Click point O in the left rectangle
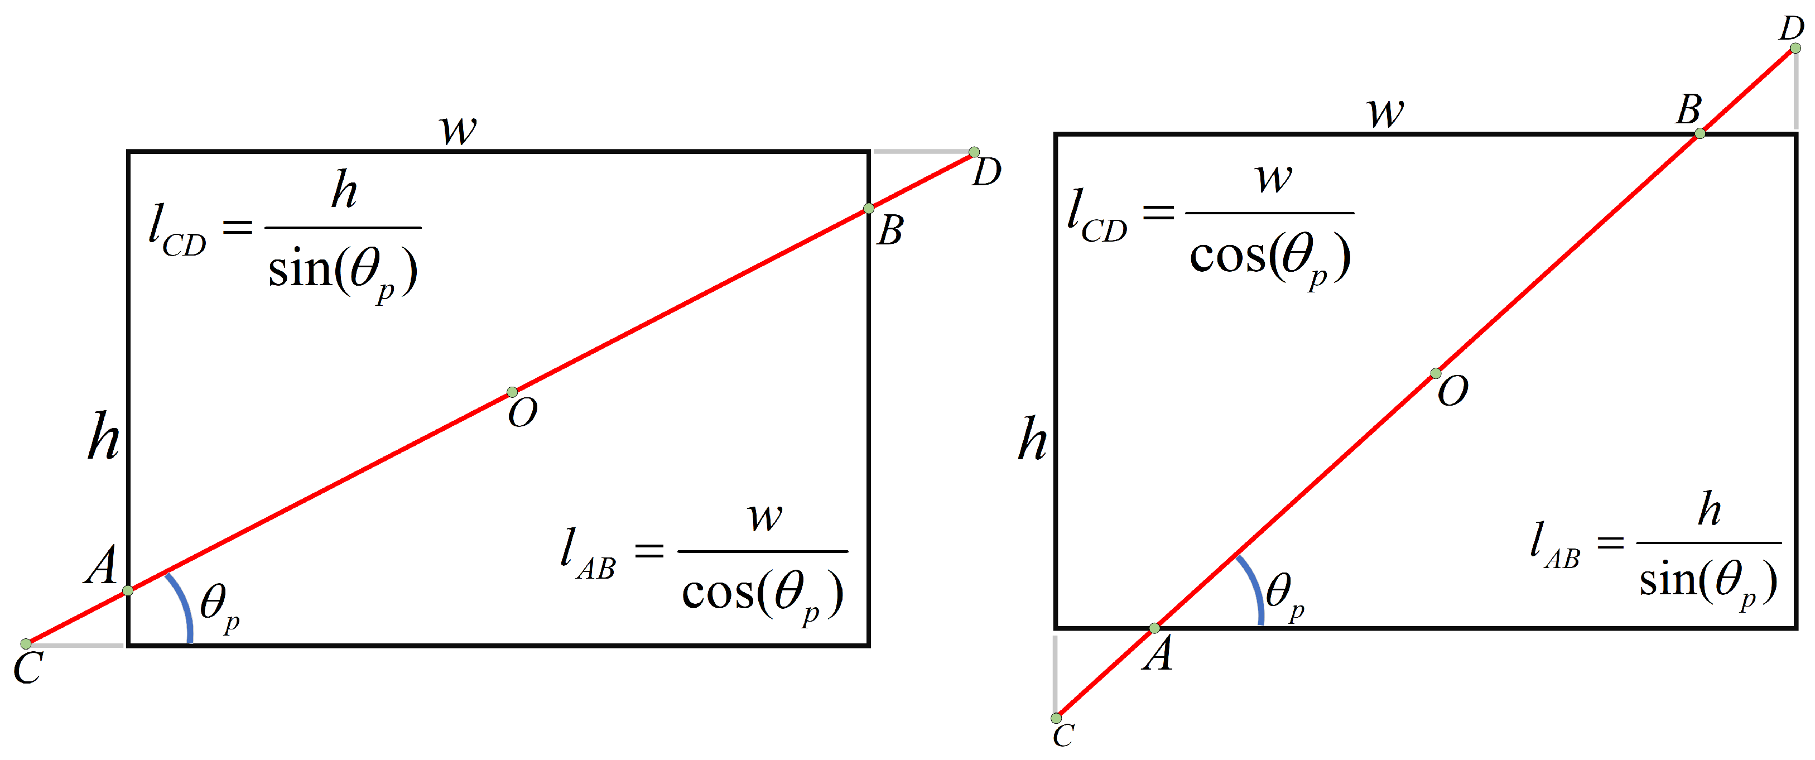[x=512, y=392]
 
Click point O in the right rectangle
[x=1435, y=373]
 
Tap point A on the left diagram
[x=128, y=590]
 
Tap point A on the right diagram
[x=1154, y=628]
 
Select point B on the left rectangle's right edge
[x=869, y=209]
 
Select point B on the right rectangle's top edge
[x=1700, y=133]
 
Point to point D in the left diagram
[x=974, y=152]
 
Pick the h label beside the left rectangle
[x=104, y=437]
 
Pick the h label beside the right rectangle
[x=1032, y=438]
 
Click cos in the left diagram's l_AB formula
[x=718, y=593]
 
